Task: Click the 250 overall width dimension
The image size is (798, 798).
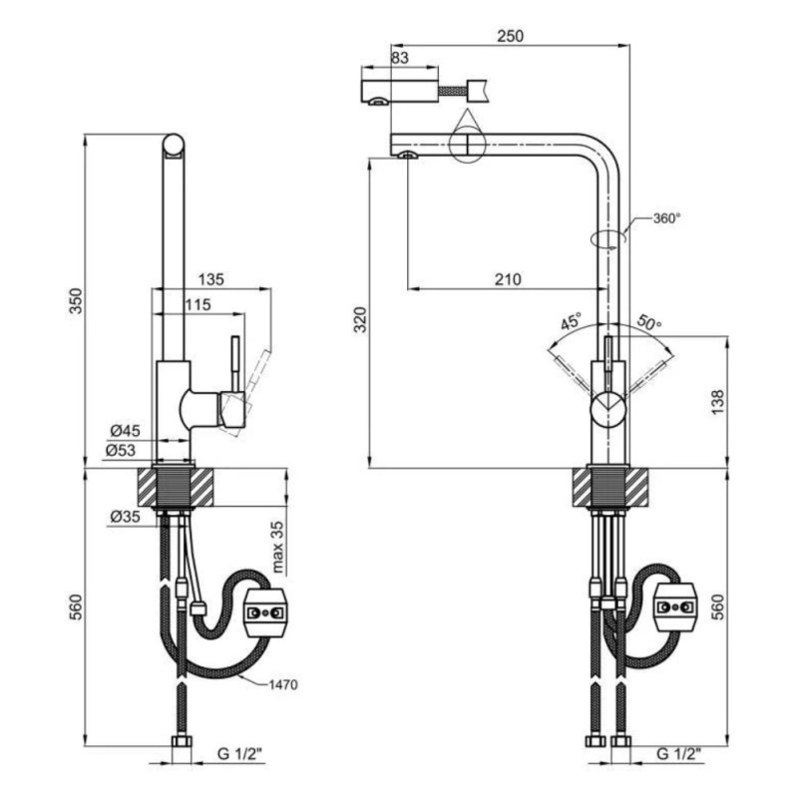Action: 510,36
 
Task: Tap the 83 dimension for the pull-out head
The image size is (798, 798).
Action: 400,58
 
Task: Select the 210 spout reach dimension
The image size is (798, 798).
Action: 508,279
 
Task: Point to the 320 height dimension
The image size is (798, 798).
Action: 360,319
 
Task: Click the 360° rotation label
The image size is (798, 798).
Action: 666,218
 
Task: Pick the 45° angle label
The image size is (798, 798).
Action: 571,321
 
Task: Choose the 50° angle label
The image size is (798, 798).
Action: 649,321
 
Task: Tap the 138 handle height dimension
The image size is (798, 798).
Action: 717,402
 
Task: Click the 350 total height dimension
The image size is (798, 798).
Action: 76,301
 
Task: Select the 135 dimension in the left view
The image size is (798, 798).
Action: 210,279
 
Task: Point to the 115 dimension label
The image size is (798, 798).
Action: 198,304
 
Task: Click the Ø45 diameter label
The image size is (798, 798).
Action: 126,431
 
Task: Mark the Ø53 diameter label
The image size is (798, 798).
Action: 121,450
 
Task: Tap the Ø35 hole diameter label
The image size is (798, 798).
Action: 126,517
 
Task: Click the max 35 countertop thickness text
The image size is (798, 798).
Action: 278,547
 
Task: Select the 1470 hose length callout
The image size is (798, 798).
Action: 283,684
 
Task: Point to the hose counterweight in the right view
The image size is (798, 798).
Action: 675,607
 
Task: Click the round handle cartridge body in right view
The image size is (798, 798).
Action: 608,410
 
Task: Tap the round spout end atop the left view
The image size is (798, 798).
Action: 173,145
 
